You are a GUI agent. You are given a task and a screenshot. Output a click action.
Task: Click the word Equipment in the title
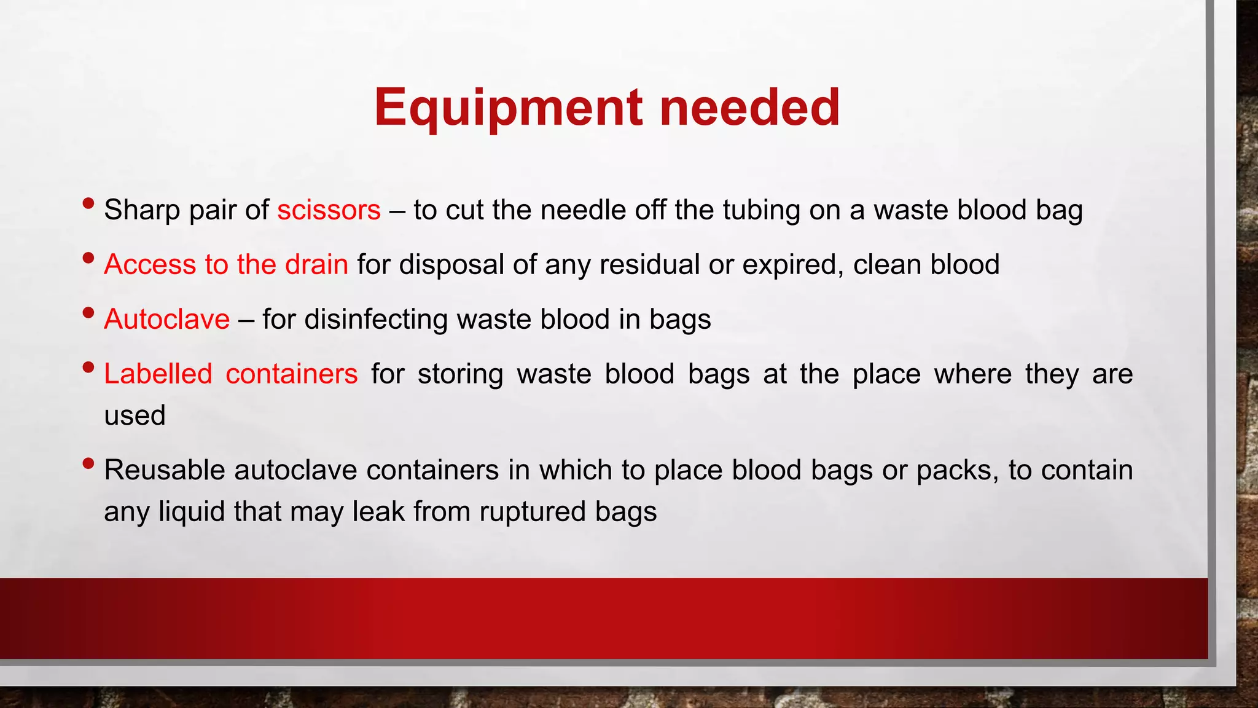(510, 108)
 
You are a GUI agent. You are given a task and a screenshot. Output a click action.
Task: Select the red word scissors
(329, 210)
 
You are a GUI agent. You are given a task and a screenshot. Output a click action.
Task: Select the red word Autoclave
(166, 319)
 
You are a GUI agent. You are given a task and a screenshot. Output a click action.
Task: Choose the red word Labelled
(158, 374)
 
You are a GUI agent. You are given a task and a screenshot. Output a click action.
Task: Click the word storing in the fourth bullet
(460, 374)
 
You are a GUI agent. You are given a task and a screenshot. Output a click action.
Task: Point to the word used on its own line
(135, 415)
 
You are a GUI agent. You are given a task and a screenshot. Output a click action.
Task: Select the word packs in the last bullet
(956, 471)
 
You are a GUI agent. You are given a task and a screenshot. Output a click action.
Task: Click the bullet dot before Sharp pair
(88, 203)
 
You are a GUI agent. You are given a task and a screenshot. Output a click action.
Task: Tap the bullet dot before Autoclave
(88, 312)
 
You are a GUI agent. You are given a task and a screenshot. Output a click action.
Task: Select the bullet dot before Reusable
(88, 463)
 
